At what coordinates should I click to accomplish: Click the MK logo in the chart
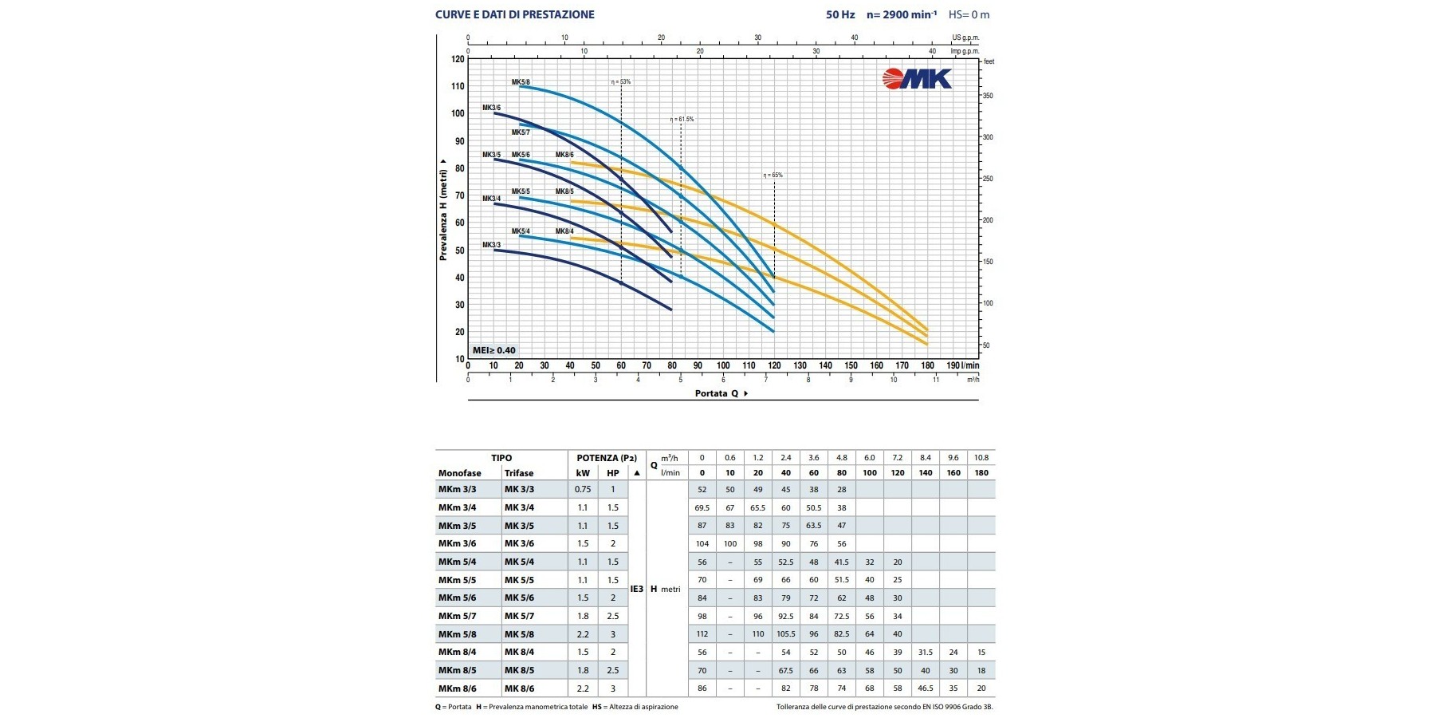(x=917, y=78)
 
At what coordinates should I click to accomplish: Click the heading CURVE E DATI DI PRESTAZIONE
(x=514, y=14)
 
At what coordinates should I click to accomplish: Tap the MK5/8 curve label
(x=521, y=82)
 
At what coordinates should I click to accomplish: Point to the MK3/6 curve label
(x=491, y=108)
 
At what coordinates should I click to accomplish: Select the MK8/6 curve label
(x=564, y=155)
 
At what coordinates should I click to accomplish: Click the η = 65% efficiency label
(x=773, y=175)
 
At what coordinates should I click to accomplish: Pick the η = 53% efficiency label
(x=621, y=81)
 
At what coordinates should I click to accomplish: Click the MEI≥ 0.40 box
(x=494, y=350)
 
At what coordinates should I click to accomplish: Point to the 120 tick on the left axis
(x=458, y=59)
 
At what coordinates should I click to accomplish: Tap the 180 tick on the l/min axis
(x=927, y=365)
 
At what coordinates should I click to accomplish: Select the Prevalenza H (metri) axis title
(x=443, y=210)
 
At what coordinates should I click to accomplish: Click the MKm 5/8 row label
(x=458, y=634)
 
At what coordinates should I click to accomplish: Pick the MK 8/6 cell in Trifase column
(x=519, y=688)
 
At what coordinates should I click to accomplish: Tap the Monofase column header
(x=460, y=473)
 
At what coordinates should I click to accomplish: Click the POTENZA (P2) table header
(x=607, y=458)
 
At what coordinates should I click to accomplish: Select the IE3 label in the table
(x=636, y=589)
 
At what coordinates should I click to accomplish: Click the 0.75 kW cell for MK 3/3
(x=583, y=489)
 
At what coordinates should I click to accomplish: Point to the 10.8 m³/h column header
(x=981, y=458)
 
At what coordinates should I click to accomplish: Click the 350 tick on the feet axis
(x=988, y=96)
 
